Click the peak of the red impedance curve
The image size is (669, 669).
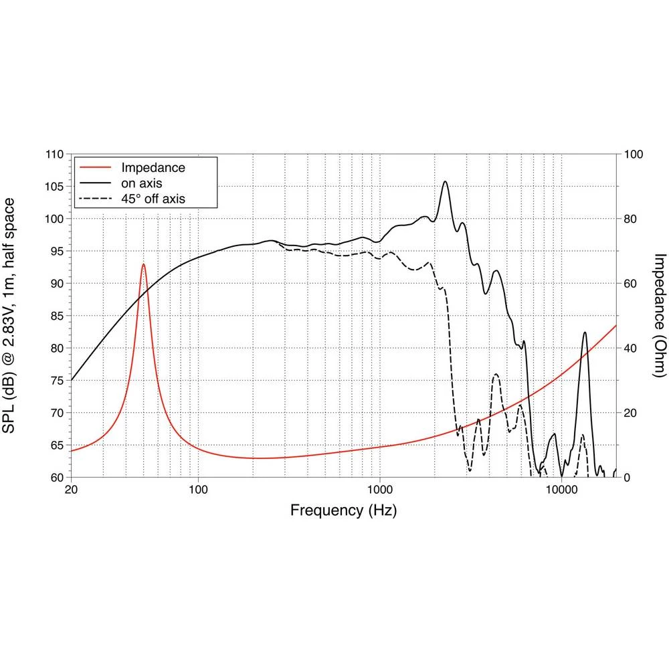click(x=143, y=264)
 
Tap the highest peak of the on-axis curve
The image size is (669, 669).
click(x=445, y=181)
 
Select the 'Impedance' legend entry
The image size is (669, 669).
click(x=153, y=167)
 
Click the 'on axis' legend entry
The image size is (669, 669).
click(x=141, y=183)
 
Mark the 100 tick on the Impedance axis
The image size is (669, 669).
click(x=632, y=155)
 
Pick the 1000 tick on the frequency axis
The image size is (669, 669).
click(x=379, y=490)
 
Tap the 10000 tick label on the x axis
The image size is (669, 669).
click(x=561, y=490)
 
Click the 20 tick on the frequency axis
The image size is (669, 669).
click(x=71, y=490)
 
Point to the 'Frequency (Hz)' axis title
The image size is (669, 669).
click(x=343, y=511)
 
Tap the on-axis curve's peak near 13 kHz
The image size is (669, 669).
click(x=585, y=332)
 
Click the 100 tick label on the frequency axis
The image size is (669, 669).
click(x=198, y=490)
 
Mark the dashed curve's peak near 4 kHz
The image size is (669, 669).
click(x=496, y=375)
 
